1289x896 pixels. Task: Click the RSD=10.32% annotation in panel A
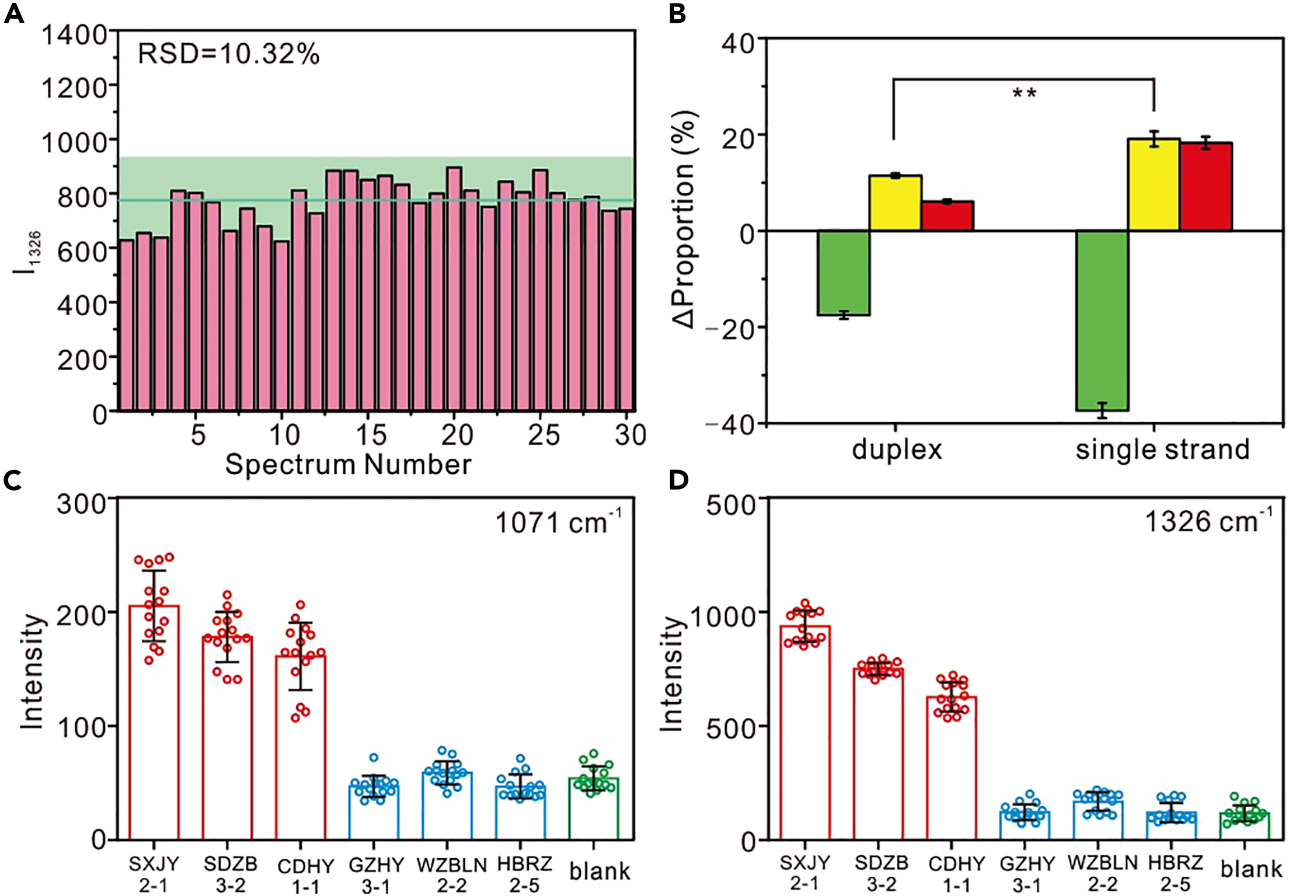click(x=228, y=54)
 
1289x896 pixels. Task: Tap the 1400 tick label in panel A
click(x=75, y=35)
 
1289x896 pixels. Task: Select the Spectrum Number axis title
click(x=348, y=465)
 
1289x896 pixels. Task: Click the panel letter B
click(x=677, y=13)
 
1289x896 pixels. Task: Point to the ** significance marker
click(x=1024, y=93)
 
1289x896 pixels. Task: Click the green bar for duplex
click(x=844, y=273)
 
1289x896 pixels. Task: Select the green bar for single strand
click(x=1102, y=320)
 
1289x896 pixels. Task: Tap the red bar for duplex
click(x=947, y=216)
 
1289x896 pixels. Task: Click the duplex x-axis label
click(x=897, y=449)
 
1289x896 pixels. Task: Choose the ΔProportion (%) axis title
click(x=684, y=219)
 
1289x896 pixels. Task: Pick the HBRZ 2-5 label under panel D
click(x=1175, y=873)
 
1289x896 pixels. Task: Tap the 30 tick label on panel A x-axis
click(x=630, y=435)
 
